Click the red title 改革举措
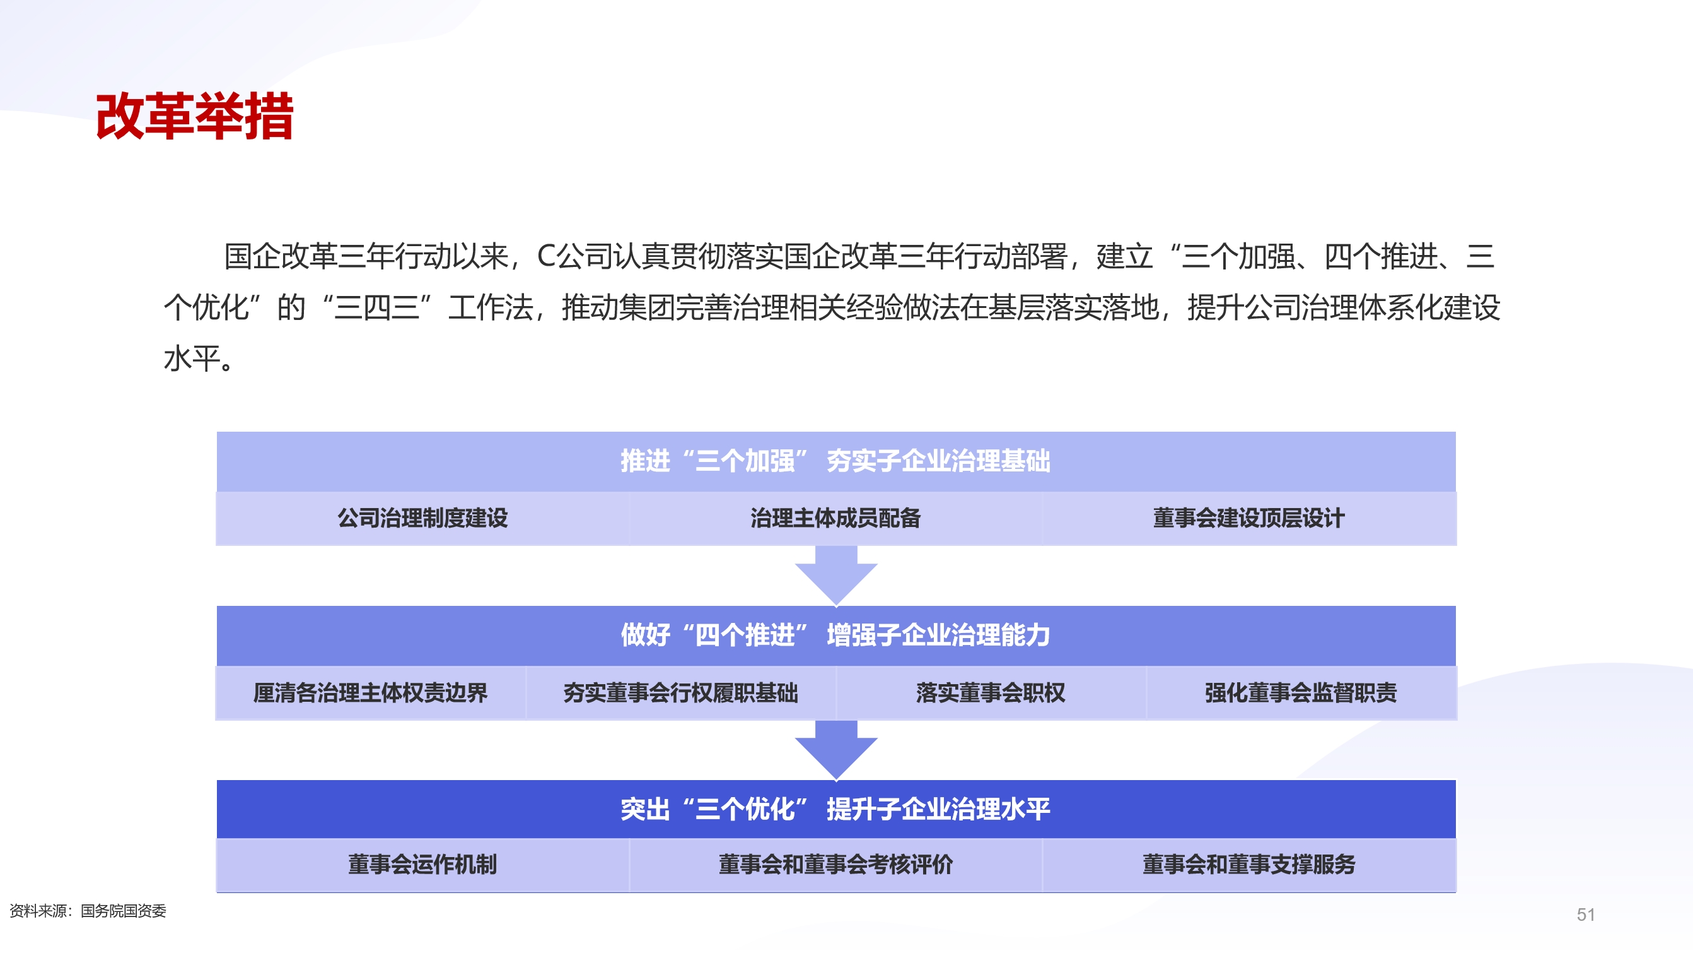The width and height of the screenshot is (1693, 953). [x=195, y=116]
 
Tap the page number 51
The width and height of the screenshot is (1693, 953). [x=1585, y=915]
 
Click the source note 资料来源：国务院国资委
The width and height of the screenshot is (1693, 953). [x=88, y=911]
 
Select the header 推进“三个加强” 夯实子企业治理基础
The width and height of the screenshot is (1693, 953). [x=835, y=461]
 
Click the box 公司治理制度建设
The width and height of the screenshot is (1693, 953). [x=422, y=518]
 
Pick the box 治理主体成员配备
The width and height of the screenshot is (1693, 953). [x=835, y=518]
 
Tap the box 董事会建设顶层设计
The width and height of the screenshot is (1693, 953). [x=1248, y=518]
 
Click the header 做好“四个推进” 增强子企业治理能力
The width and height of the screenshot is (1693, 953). [x=835, y=636]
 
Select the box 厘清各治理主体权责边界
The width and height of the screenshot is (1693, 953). [x=371, y=692]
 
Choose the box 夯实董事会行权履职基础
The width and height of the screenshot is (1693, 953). [x=680, y=692]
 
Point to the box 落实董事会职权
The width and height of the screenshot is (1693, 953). [x=991, y=692]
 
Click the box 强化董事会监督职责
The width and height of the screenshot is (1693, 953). [x=1301, y=692]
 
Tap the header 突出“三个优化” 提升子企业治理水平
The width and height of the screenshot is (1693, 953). [x=835, y=809]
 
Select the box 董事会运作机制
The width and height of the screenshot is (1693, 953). [x=422, y=864]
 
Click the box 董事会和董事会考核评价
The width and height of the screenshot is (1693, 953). [x=835, y=864]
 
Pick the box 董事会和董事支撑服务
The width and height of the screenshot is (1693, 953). [x=1248, y=864]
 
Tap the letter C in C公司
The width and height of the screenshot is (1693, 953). [x=546, y=256]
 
